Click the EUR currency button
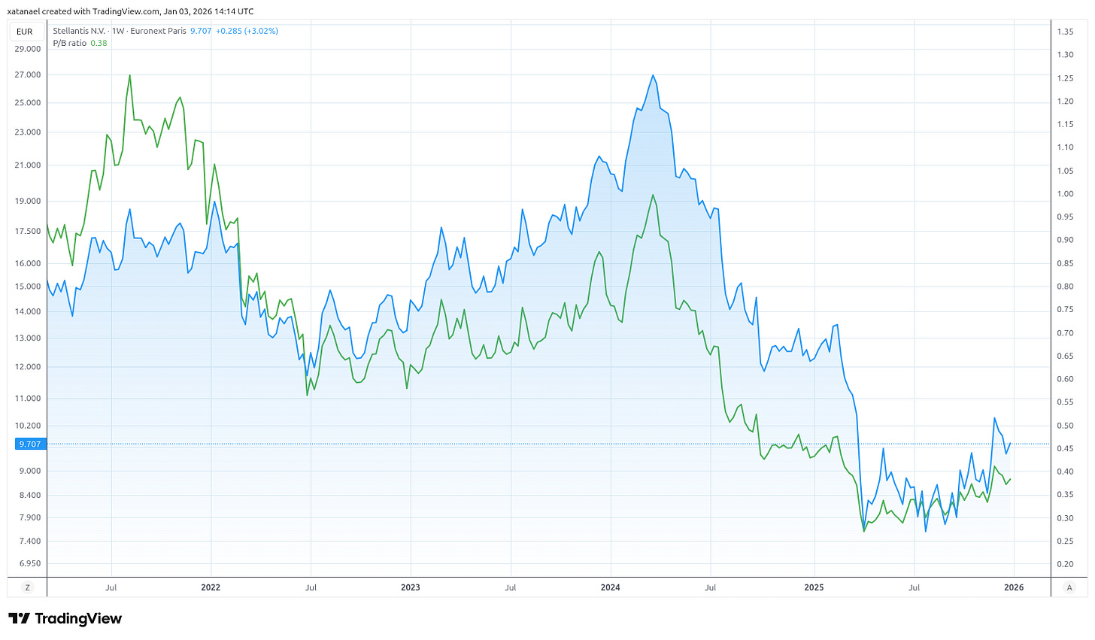pyautogui.click(x=24, y=32)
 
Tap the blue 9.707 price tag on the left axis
pyautogui.click(x=30, y=444)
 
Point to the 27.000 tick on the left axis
pyautogui.click(x=28, y=75)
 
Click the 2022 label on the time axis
pyautogui.click(x=211, y=587)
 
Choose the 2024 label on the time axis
pyautogui.click(x=611, y=587)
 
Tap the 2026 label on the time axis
pyautogui.click(x=1014, y=587)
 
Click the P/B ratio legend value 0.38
pyautogui.click(x=99, y=43)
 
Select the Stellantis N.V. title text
pyautogui.click(x=79, y=31)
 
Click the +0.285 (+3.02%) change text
pyautogui.click(x=247, y=31)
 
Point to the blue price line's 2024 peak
pyautogui.click(x=653, y=75)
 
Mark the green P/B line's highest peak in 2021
pyautogui.click(x=130, y=75)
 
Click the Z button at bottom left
pyautogui.click(x=28, y=587)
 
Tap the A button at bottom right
pyautogui.click(x=1069, y=587)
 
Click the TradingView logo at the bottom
pyautogui.click(x=65, y=618)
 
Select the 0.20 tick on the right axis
pyautogui.click(x=1064, y=564)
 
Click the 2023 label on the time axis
pyautogui.click(x=411, y=587)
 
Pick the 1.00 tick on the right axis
pyautogui.click(x=1064, y=194)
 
